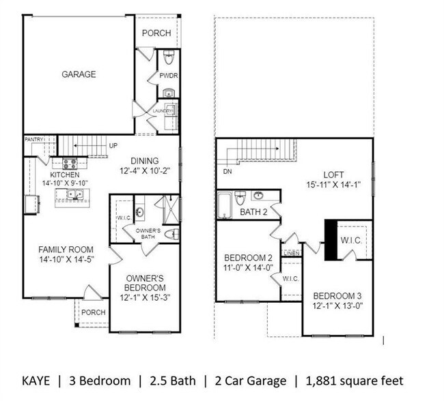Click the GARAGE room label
(79, 74)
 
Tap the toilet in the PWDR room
(169, 58)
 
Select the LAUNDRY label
(163, 111)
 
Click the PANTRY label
(34, 139)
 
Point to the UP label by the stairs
(113, 146)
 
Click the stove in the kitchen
(70, 164)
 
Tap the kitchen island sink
(75, 194)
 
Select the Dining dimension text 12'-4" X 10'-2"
(145, 171)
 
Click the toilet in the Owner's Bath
(172, 235)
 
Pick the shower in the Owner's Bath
(171, 209)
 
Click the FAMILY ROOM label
(66, 250)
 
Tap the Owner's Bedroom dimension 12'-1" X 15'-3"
(145, 298)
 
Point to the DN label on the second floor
(227, 172)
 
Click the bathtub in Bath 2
(225, 205)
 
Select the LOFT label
(333, 175)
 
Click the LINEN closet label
(292, 253)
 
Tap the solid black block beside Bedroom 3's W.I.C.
(331, 240)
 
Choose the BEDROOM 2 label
(249, 258)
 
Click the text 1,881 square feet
(355, 381)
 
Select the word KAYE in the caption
(36, 381)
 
